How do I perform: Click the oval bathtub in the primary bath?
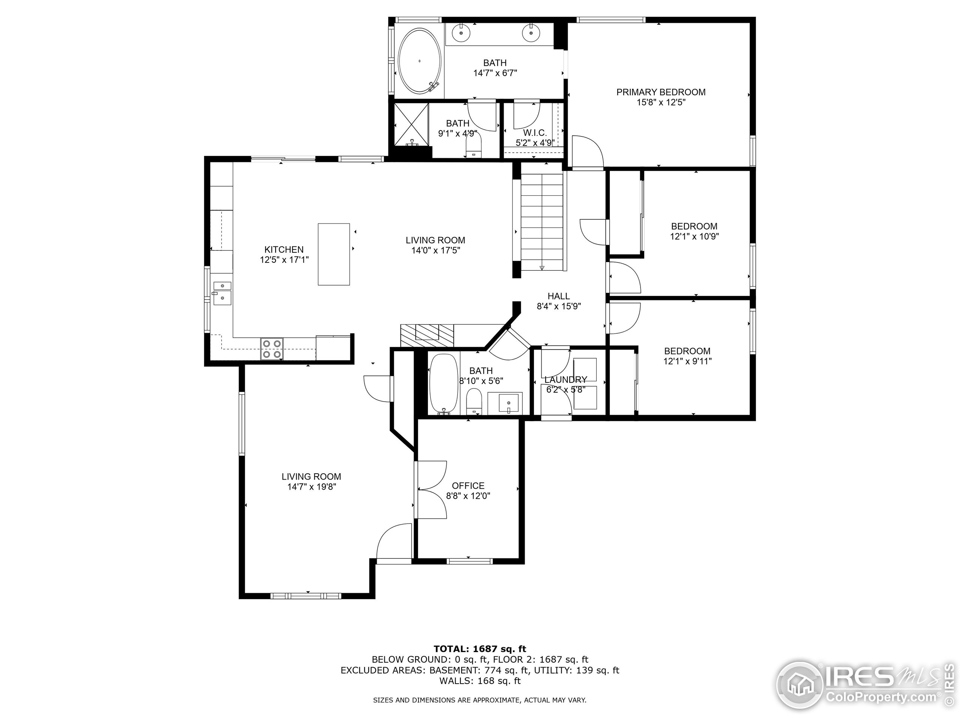(x=420, y=61)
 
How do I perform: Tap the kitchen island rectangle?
(x=334, y=254)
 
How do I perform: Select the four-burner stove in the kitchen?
(x=271, y=349)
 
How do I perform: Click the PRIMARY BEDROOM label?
(x=660, y=92)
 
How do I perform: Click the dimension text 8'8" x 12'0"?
(x=468, y=496)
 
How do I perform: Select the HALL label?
(x=558, y=296)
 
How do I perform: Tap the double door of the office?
(x=431, y=489)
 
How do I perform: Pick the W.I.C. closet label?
(x=535, y=133)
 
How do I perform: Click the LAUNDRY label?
(x=565, y=380)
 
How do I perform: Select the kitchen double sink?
(x=222, y=292)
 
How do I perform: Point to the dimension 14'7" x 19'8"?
(x=311, y=487)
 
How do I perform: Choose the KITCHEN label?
(x=284, y=249)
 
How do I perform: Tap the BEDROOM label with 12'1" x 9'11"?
(x=687, y=351)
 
